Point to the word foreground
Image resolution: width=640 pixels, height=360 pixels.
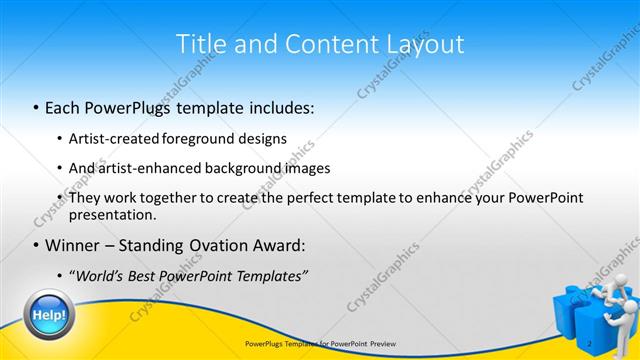point(199,138)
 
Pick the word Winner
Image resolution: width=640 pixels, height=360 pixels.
point(76,245)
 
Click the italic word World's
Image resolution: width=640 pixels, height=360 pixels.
point(102,275)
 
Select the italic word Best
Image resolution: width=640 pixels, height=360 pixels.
point(152,275)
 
